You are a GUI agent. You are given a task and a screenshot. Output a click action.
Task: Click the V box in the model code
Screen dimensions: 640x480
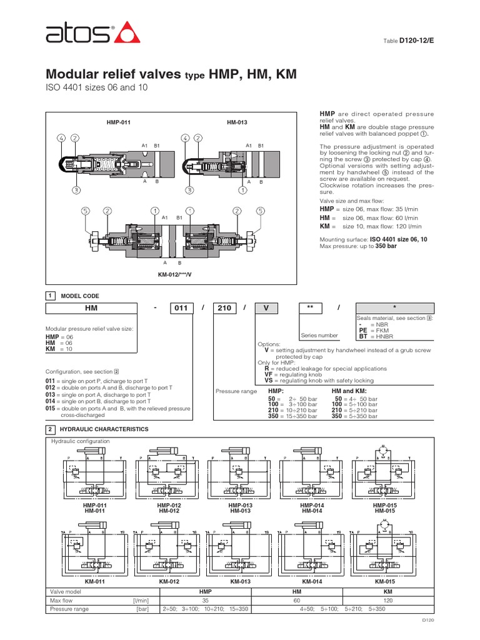tap(269, 308)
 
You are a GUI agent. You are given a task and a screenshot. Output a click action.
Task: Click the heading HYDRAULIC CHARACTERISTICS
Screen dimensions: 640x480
tap(104, 429)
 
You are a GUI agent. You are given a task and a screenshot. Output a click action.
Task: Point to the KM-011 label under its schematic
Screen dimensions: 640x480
tap(93, 581)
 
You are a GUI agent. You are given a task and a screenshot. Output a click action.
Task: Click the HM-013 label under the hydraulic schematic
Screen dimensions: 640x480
tap(240, 511)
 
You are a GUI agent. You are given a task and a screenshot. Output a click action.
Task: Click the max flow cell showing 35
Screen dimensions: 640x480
tap(205, 600)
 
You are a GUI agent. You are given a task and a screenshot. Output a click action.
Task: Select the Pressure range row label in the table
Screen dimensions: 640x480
tap(69, 609)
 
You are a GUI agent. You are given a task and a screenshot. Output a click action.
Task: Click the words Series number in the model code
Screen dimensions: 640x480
tap(319, 336)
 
